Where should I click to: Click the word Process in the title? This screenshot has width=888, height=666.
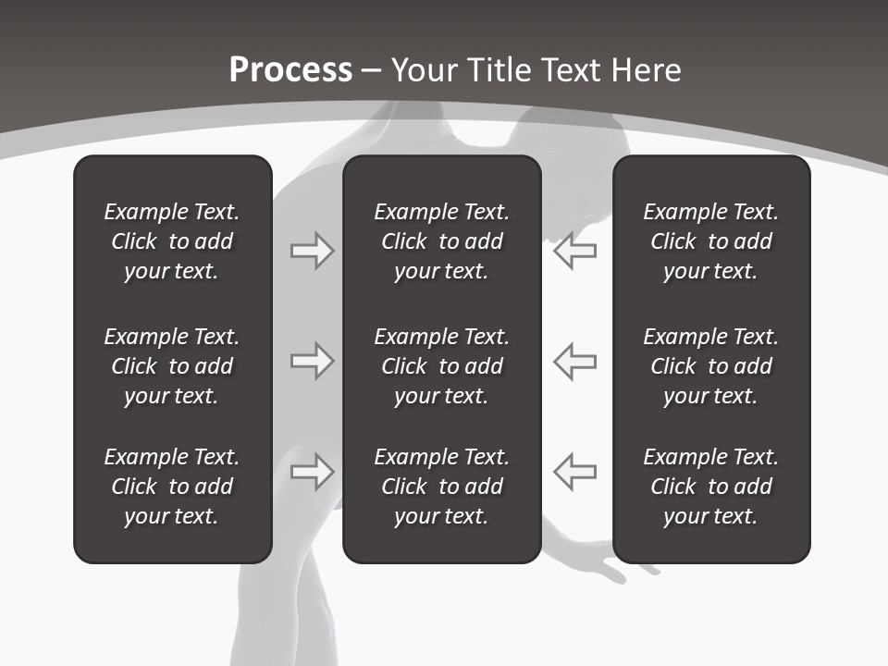click(x=290, y=70)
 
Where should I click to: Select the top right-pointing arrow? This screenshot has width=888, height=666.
click(x=313, y=251)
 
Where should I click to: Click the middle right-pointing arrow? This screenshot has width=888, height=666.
click(x=313, y=361)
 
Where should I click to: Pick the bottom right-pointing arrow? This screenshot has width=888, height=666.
click(x=313, y=472)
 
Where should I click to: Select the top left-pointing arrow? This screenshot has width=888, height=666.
click(x=574, y=251)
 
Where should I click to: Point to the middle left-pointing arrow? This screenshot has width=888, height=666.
click(x=574, y=361)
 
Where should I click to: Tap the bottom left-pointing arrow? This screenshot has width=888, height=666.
click(x=574, y=472)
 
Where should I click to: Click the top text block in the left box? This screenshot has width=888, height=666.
click(x=172, y=241)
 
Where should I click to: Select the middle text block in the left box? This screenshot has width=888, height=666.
click(x=172, y=366)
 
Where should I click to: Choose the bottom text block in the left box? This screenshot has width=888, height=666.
click(x=172, y=487)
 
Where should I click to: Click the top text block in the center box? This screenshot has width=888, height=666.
click(x=442, y=241)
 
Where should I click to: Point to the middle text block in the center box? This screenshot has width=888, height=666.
click(x=442, y=366)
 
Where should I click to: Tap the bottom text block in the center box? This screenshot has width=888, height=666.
click(x=442, y=487)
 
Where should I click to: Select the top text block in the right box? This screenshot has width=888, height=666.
click(x=711, y=241)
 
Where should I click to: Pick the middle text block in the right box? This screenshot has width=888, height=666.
click(x=711, y=366)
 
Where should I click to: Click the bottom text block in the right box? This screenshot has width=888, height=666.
click(x=711, y=487)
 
